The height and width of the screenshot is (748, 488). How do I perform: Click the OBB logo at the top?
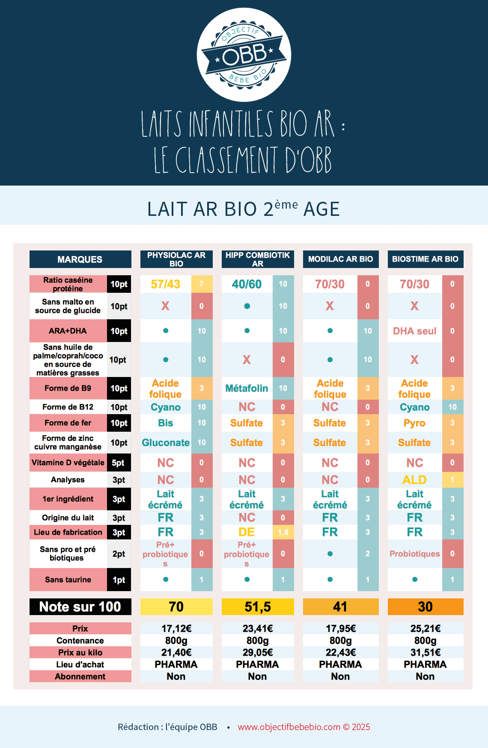244,55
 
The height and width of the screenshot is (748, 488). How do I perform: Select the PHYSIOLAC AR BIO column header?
176,259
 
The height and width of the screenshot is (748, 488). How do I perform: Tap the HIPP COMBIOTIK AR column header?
258,259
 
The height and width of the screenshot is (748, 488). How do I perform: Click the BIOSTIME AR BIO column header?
425,259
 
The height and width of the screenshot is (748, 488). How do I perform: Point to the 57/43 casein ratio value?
166,284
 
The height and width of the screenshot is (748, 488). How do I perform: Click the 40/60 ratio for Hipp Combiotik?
247,284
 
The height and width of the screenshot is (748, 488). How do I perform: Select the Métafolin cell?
247,389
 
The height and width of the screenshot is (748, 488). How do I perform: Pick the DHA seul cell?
414,331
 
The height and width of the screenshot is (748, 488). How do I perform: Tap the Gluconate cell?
166,443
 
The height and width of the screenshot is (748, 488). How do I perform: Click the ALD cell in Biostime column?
414,480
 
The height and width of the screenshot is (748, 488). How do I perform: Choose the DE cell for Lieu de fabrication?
247,532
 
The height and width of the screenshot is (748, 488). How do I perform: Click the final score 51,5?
258,607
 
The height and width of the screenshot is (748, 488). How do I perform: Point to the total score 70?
176,607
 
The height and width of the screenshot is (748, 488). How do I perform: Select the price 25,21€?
425,629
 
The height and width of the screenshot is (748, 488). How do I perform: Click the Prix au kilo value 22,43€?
341,653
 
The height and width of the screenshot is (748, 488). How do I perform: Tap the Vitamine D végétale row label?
68,463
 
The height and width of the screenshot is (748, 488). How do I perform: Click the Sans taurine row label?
68,580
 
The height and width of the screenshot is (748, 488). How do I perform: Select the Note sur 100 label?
80,607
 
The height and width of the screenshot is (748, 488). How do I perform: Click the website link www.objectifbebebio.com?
289,727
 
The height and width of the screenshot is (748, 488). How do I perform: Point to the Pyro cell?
414,423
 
